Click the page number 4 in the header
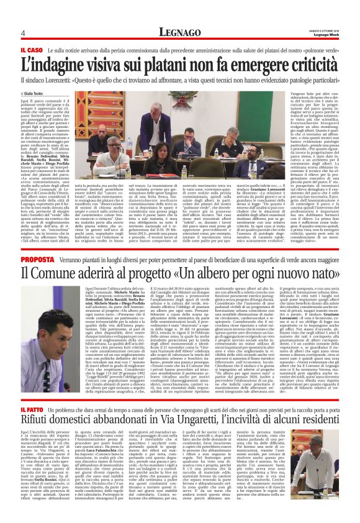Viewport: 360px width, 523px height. coord(22,33)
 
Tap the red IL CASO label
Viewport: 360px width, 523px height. coord(30,48)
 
